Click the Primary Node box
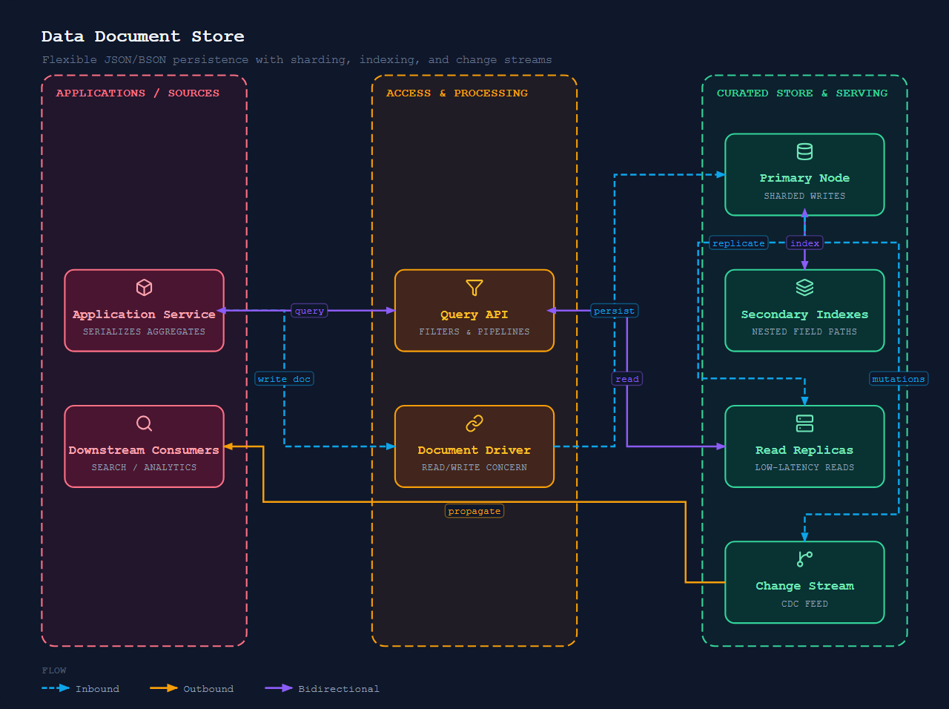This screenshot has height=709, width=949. pos(804,174)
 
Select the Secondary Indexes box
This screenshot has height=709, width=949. pos(804,311)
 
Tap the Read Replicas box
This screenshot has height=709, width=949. pos(804,446)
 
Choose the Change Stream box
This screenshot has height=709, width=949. pos(804,582)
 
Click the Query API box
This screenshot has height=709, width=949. pos(474,311)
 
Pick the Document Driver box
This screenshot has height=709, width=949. pos(474,446)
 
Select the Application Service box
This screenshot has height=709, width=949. pos(144,311)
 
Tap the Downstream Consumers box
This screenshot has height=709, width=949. pos(144,446)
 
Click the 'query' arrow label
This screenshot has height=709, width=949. pos(309,311)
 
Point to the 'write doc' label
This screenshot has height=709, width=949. pos(284,379)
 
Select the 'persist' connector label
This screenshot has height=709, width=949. pos(614,311)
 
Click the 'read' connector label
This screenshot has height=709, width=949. pos(627,379)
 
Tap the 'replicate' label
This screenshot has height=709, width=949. pos(738,243)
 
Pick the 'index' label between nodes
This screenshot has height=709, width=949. pos(804,243)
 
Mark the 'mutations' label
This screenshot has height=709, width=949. pos(899,379)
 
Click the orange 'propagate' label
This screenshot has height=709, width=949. pos(474,510)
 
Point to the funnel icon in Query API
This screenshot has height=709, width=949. pos(474,288)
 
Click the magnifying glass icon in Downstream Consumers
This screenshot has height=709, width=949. pos(144,423)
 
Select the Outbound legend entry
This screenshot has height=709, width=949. pos(191,688)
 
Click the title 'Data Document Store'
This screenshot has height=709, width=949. pos(142,36)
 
